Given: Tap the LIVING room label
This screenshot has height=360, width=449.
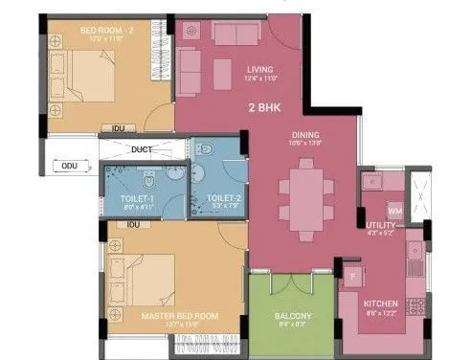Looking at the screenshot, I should point(259,70).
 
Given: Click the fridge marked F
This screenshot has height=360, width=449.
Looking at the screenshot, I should point(352,278).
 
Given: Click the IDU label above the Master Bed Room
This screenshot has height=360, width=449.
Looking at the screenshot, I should point(134,226).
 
